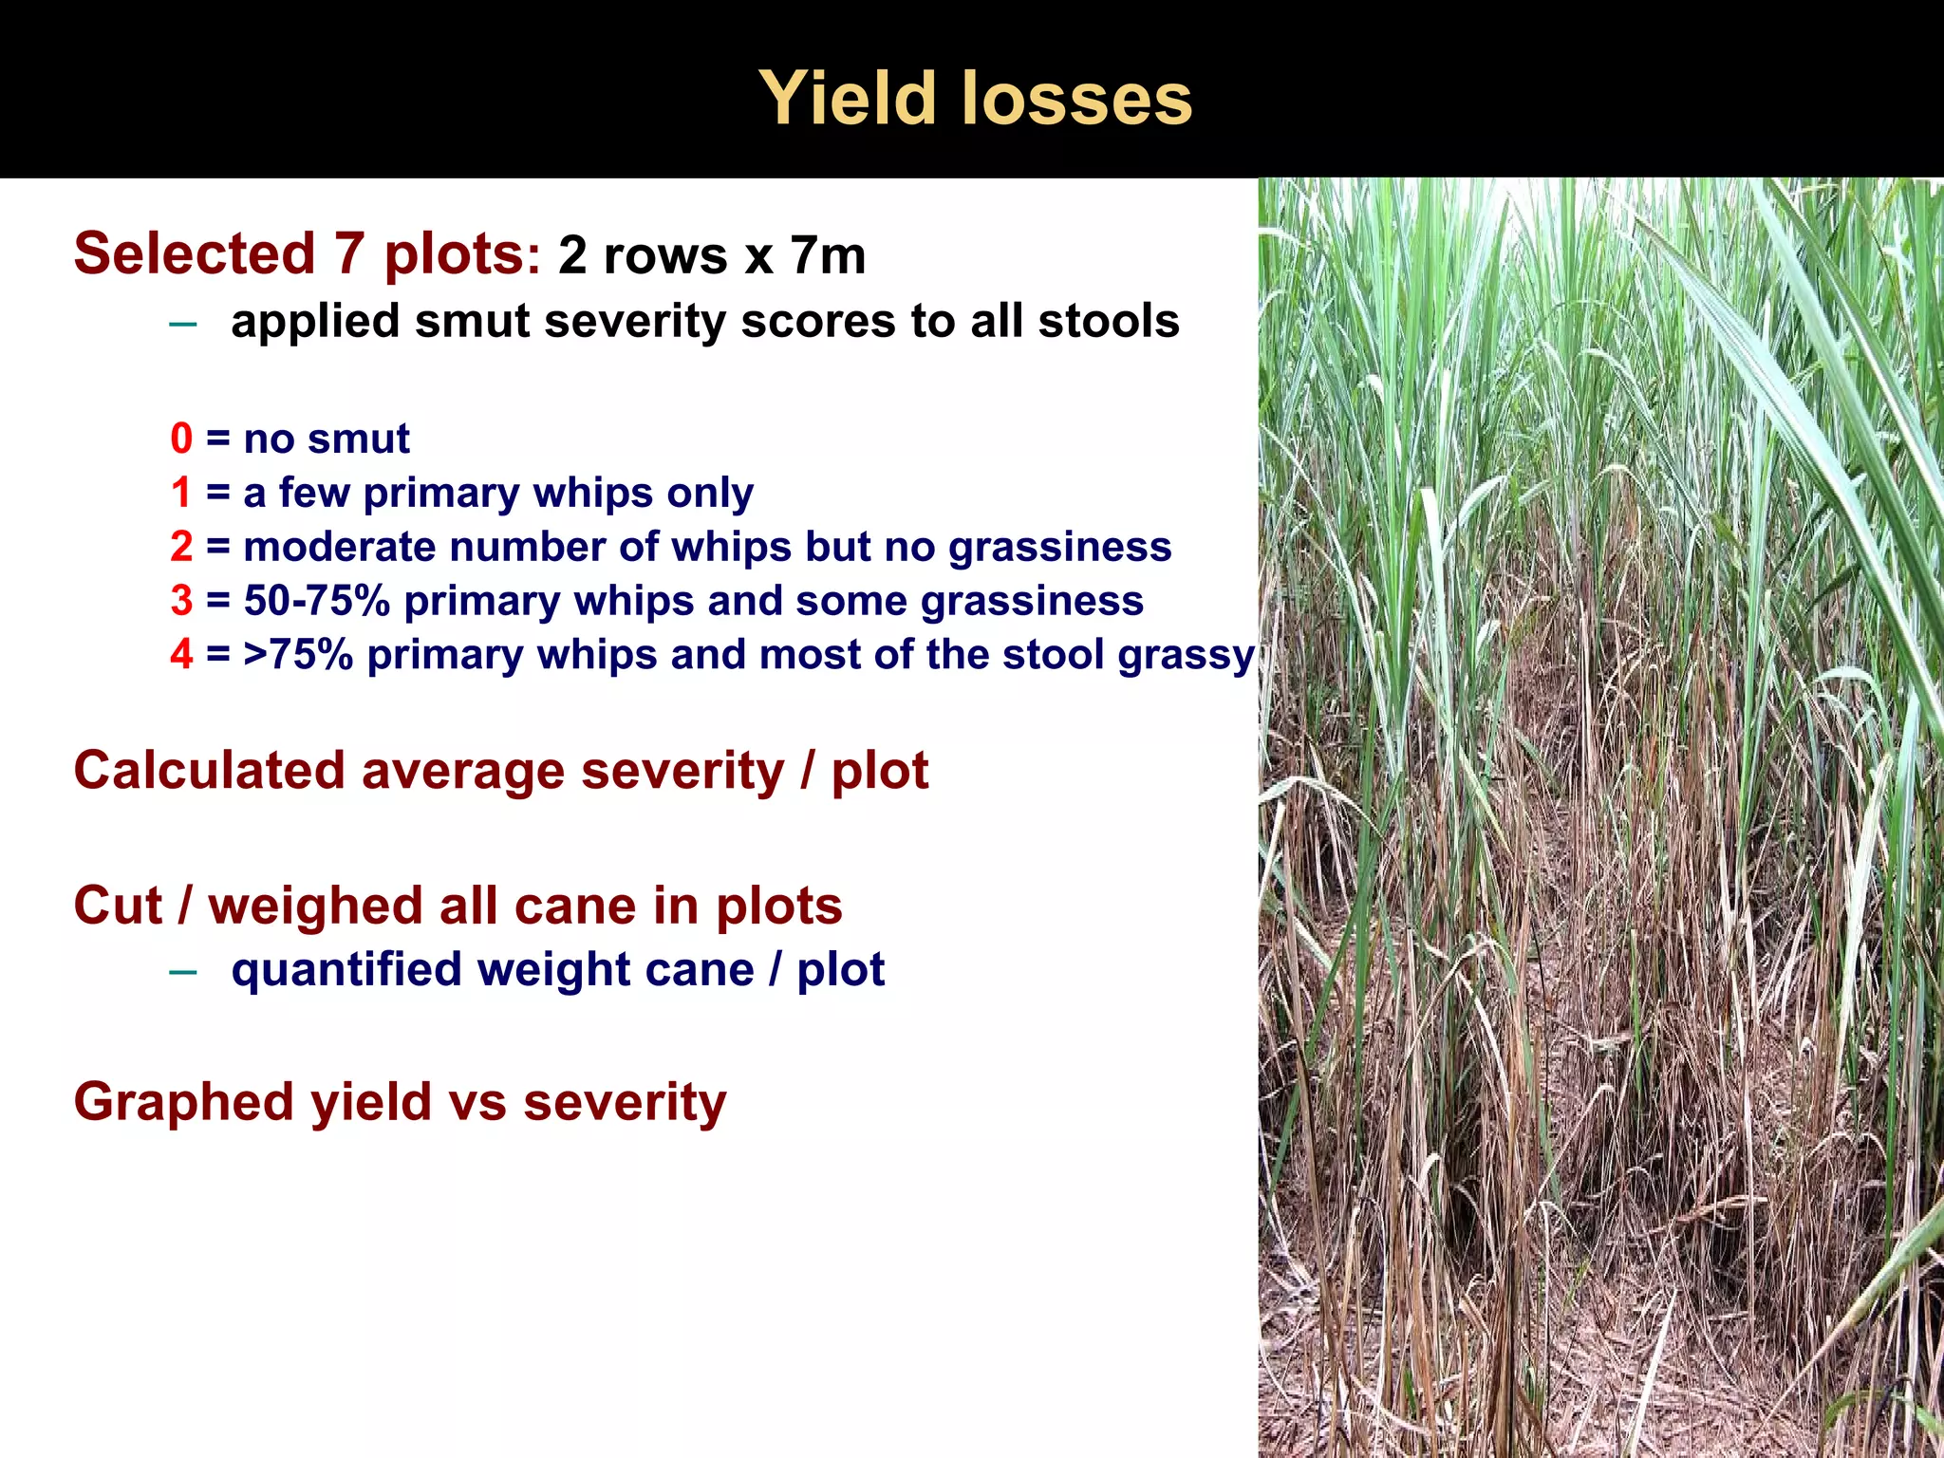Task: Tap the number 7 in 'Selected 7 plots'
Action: [348, 254]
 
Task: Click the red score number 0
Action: [181, 439]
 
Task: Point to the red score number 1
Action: [181, 494]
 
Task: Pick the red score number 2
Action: [181, 548]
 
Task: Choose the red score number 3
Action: [181, 602]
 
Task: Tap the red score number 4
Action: [181, 655]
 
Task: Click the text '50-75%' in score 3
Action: [316, 602]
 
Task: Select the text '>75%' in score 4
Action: [297, 655]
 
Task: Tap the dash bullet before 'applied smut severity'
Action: [181, 324]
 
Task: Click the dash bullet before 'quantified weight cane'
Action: [181, 972]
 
